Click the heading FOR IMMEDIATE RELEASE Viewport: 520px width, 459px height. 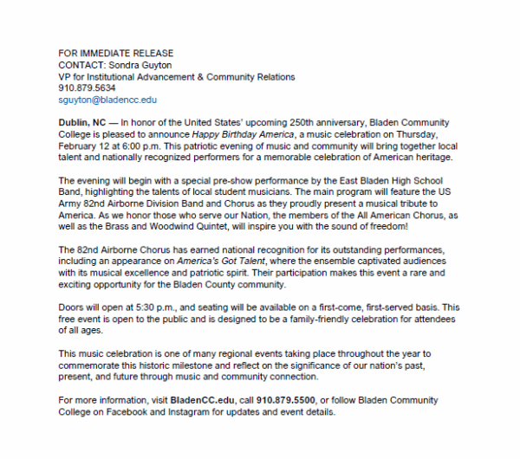(115, 53)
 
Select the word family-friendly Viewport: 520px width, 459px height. (302, 318)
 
